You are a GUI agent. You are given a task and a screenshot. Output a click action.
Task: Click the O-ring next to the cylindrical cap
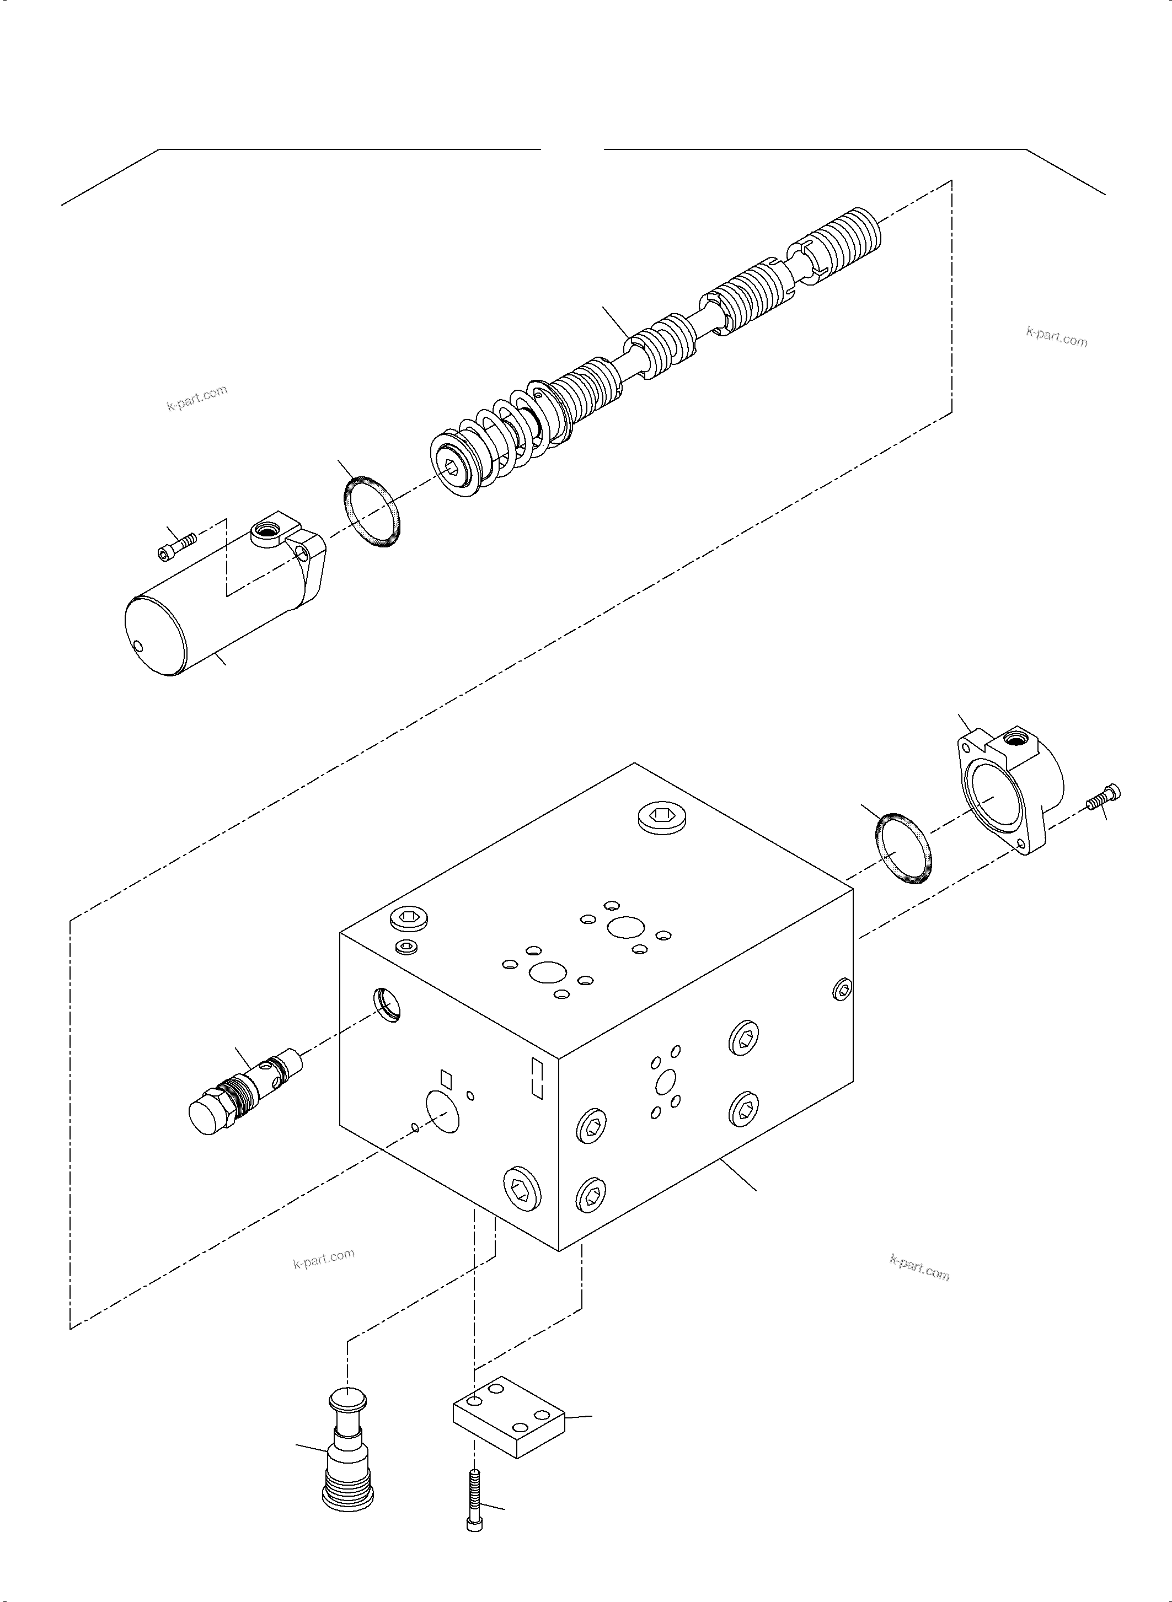(372, 512)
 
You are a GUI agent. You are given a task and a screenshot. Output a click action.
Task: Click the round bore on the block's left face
(442, 1111)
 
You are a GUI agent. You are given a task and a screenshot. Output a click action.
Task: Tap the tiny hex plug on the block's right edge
(842, 990)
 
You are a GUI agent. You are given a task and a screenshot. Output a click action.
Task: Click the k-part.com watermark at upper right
(1056, 337)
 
